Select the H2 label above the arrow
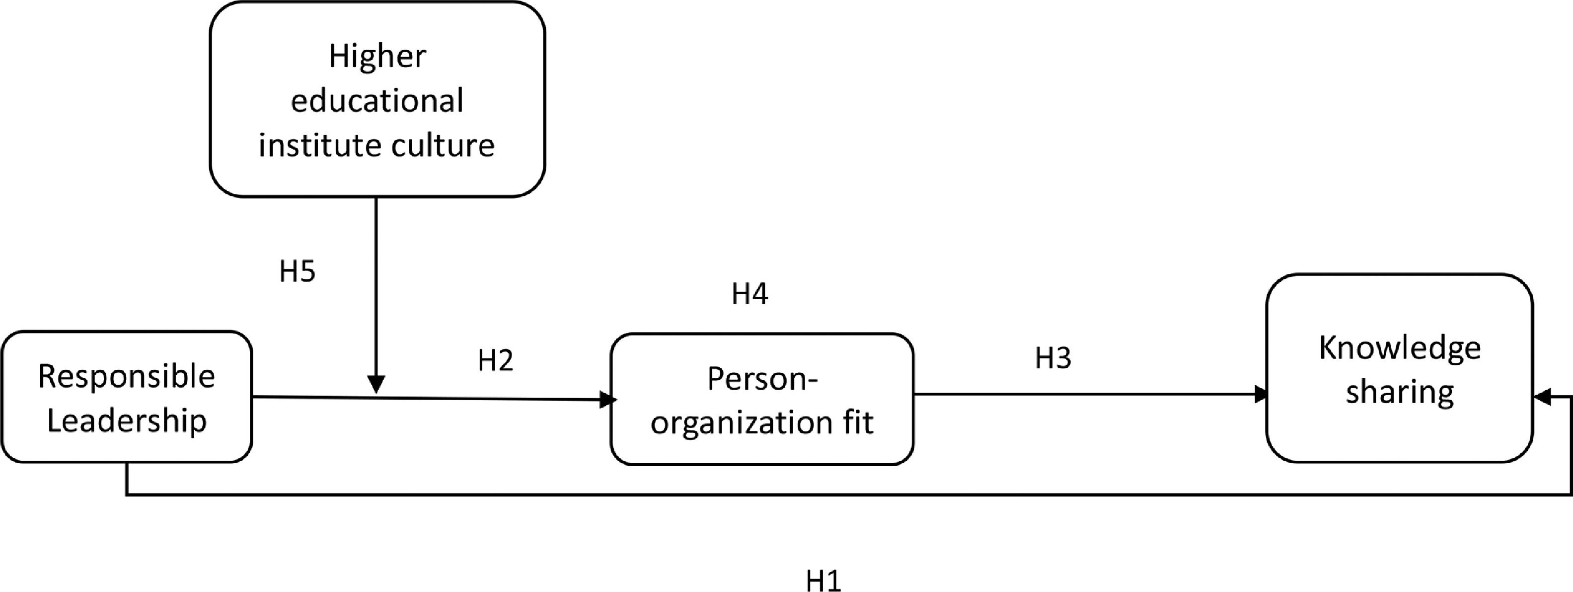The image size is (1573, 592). [x=495, y=360]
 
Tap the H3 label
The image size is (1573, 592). [x=1053, y=358]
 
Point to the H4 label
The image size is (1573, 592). [x=750, y=294]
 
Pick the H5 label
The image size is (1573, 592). [x=298, y=271]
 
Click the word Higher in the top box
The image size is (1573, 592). [x=377, y=56]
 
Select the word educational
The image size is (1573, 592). [x=377, y=101]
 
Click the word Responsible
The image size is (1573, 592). [x=126, y=376]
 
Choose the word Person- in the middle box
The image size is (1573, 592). [x=761, y=379]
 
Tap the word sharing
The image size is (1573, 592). [x=1400, y=392]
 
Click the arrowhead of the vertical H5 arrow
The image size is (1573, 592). [x=377, y=384]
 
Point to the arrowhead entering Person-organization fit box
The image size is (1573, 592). [x=608, y=400]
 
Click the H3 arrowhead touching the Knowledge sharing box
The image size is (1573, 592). [x=1262, y=394]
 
